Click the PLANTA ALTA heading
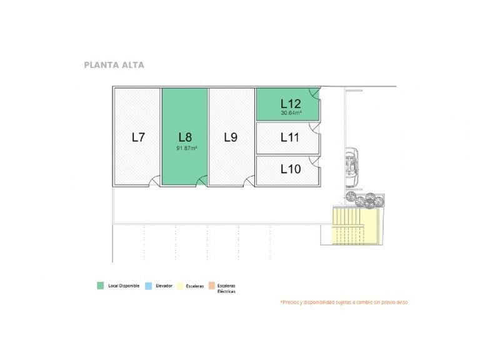(114, 64)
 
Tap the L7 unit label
(139, 137)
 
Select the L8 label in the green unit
(184, 137)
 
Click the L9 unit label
(230, 137)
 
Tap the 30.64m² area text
(291, 113)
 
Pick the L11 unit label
(290, 137)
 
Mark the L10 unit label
(290, 168)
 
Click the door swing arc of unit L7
(154, 181)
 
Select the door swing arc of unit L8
(202, 181)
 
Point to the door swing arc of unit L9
(248, 181)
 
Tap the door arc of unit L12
(317, 94)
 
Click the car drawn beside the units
(354, 165)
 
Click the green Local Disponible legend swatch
(100, 286)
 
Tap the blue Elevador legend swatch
(148, 286)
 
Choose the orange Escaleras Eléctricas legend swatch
(212, 286)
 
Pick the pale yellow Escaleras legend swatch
(180, 286)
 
